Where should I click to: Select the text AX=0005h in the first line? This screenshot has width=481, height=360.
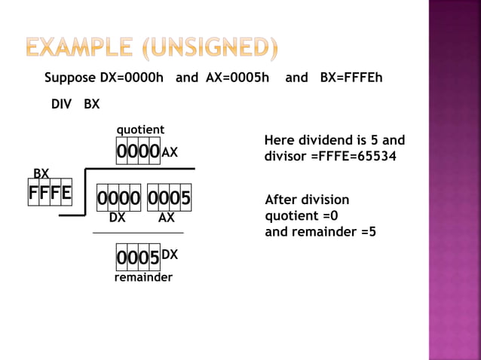[x=237, y=78]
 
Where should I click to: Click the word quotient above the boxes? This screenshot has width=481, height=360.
[x=140, y=130]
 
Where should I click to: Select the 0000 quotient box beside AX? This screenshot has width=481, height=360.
[x=138, y=151]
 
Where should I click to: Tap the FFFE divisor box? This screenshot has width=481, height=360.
[x=51, y=193]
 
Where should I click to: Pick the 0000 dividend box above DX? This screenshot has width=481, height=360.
[x=118, y=199]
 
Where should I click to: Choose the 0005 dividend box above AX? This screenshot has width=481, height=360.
[x=169, y=199]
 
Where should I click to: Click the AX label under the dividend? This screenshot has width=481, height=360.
[x=167, y=218]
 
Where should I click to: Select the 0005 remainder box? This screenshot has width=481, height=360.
[x=138, y=258]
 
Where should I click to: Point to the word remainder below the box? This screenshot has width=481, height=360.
[x=143, y=277]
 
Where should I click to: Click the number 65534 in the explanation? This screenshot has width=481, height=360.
[x=375, y=156]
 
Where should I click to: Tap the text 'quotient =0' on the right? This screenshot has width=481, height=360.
[x=302, y=215]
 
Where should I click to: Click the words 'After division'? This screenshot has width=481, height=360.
[x=307, y=200]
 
